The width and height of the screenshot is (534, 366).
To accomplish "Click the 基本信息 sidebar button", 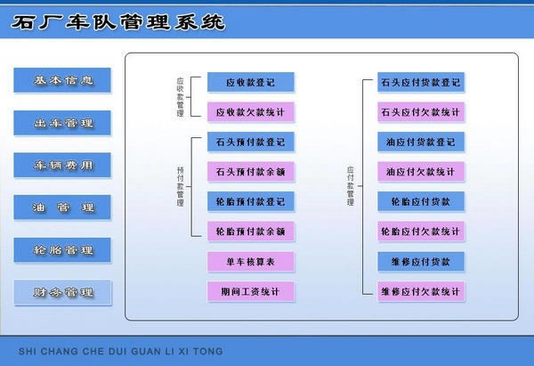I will point(62,81).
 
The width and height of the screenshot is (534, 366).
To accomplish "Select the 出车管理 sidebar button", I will point(62,123).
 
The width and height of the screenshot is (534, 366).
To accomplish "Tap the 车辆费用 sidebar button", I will point(62,166).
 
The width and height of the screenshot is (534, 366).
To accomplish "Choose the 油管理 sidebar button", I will point(62,207).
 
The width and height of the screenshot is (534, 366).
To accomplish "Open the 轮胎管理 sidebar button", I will point(62,250).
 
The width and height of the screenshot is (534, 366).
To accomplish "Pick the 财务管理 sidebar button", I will point(62,292).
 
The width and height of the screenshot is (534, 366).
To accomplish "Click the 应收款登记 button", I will point(250,83).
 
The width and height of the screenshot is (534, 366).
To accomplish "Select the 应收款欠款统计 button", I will point(250,112).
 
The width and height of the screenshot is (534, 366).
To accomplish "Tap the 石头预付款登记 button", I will point(250,142).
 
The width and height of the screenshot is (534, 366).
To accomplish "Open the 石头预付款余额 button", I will point(250,171).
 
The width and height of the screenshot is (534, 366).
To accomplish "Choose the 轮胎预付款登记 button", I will point(250,201).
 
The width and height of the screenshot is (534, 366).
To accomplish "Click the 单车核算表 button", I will point(250,262).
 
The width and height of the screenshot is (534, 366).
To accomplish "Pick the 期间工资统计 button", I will point(250,291).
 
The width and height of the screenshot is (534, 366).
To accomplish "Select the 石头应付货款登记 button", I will point(420,83).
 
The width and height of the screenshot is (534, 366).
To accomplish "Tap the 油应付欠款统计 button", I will point(420,171).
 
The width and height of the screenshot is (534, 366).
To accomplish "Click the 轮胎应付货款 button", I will point(420,201).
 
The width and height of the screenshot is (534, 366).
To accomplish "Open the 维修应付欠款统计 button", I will point(420,291).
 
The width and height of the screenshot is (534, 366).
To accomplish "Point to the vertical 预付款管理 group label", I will point(180,186).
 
